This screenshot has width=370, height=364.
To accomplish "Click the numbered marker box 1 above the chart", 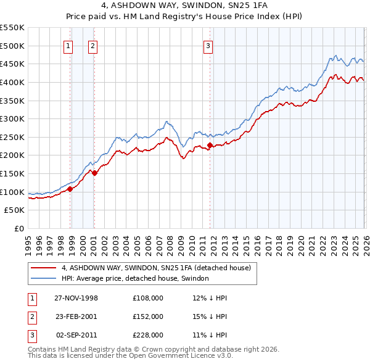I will pyautogui.click(x=68, y=45).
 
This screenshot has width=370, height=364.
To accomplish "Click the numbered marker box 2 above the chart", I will pyautogui.click(x=92, y=45).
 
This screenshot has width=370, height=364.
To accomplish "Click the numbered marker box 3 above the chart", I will pyautogui.click(x=208, y=45).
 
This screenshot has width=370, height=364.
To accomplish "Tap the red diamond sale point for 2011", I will pyautogui.click(x=210, y=146).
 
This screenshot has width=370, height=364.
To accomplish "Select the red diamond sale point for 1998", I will pyautogui.click(x=70, y=189).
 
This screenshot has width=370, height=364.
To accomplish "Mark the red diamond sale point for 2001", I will pyautogui.click(x=94, y=173).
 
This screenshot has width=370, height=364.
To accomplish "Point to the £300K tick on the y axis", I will pyautogui.click(x=12, y=118).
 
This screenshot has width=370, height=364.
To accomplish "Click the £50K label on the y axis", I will pyautogui.click(x=15, y=210).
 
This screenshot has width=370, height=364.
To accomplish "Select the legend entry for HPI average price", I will pyautogui.click(x=135, y=279).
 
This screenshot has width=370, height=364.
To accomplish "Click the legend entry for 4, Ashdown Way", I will pyautogui.click(x=156, y=268).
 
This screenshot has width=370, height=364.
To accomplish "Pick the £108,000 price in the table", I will pyautogui.click(x=147, y=298).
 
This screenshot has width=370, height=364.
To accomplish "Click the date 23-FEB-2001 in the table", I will pyautogui.click(x=76, y=316).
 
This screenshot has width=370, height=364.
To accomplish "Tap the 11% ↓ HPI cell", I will pyautogui.click(x=210, y=335).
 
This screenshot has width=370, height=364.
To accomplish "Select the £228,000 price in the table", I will pyautogui.click(x=147, y=335).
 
